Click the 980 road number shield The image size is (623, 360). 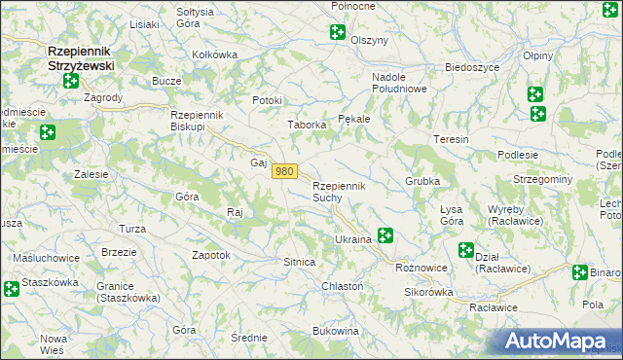pos(283,171)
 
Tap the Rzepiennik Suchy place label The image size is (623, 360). pos(338,192)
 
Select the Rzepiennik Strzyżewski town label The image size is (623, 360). pos(81,57)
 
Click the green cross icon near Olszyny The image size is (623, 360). pos(338,32)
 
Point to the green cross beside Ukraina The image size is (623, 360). pos(385,234)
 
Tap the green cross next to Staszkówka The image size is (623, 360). pos(11,288)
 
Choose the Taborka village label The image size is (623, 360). pos(305,125)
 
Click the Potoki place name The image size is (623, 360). pos(267,100)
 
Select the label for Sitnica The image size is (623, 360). pos(298,263)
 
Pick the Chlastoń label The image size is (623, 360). pos(342,286)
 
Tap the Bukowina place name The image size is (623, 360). pos(336,332)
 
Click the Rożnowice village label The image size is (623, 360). pos(421,267)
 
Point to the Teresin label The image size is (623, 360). pos(452,139)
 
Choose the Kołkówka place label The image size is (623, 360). pos(215,54)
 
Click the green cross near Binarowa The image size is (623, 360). pos(580,272)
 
